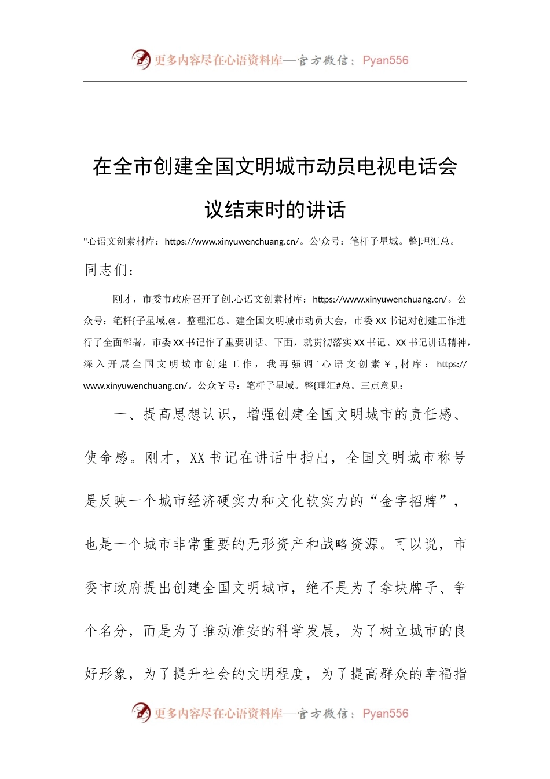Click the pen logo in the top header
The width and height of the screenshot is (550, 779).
141,59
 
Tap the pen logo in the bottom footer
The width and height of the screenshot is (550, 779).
141,712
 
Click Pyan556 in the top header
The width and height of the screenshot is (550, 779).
385,60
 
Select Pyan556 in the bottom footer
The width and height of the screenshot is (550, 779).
385,714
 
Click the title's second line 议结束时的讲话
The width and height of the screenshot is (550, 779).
275,209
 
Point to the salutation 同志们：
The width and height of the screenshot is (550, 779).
109,270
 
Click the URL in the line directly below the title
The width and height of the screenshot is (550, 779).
232,242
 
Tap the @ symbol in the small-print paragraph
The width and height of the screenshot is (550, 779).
173,321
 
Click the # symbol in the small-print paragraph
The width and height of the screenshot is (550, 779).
338,386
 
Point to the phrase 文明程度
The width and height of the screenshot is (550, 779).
276,674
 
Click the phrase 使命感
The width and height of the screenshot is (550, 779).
107,457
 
